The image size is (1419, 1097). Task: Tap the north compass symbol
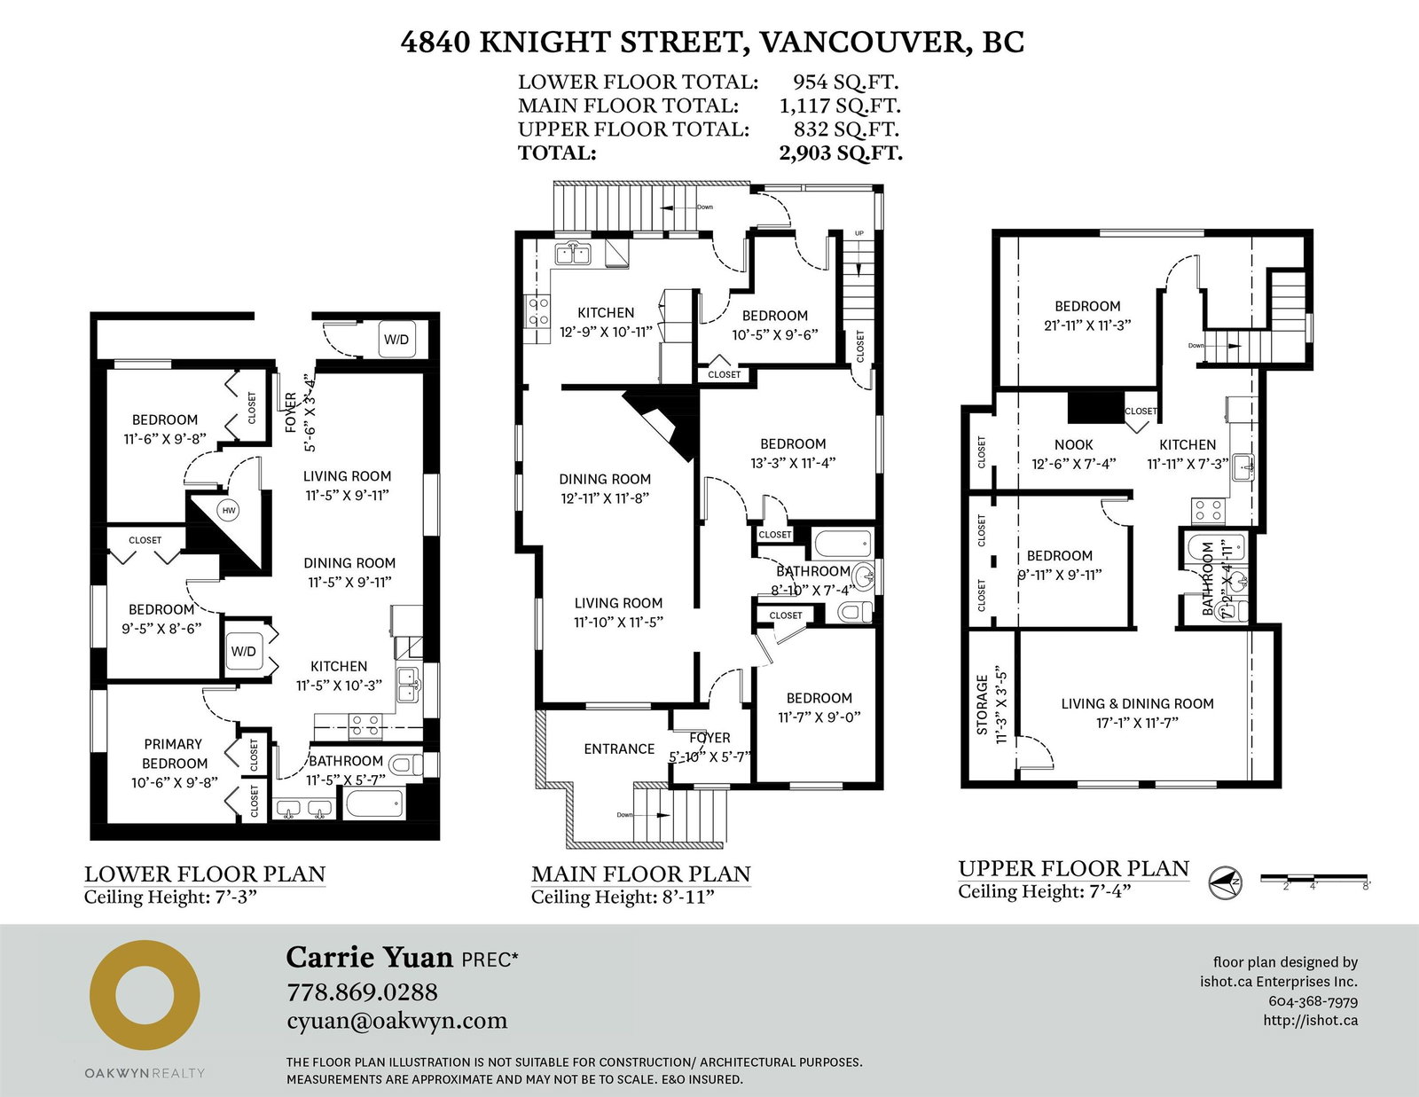pyautogui.click(x=1225, y=882)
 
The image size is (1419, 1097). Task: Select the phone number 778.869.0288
pyautogui.click(x=363, y=991)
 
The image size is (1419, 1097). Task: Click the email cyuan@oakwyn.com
pyautogui.click(x=397, y=1021)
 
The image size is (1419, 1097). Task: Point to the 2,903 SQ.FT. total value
pyautogui.click(x=841, y=153)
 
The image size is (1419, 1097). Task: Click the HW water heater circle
pyautogui.click(x=229, y=510)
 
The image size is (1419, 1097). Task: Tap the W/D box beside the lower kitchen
pyautogui.click(x=244, y=652)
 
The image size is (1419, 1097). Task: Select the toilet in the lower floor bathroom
pyautogui.click(x=405, y=764)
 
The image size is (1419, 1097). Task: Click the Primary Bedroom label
pyautogui.click(x=174, y=754)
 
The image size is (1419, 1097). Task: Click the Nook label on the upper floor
pyautogui.click(x=1073, y=444)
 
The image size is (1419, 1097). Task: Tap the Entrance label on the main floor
pyautogui.click(x=619, y=749)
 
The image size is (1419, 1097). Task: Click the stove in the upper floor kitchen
pyautogui.click(x=1208, y=511)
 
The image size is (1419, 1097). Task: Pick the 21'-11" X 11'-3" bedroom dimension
pyautogui.click(x=1087, y=325)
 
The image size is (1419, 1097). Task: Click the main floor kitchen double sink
pyautogui.click(x=573, y=254)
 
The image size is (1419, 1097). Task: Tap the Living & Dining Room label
pyautogui.click(x=1137, y=703)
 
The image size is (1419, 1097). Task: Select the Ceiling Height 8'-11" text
pyautogui.click(x=623, y=897)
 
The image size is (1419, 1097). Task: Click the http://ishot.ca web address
pyautogui.click(x=1310, y=1020)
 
